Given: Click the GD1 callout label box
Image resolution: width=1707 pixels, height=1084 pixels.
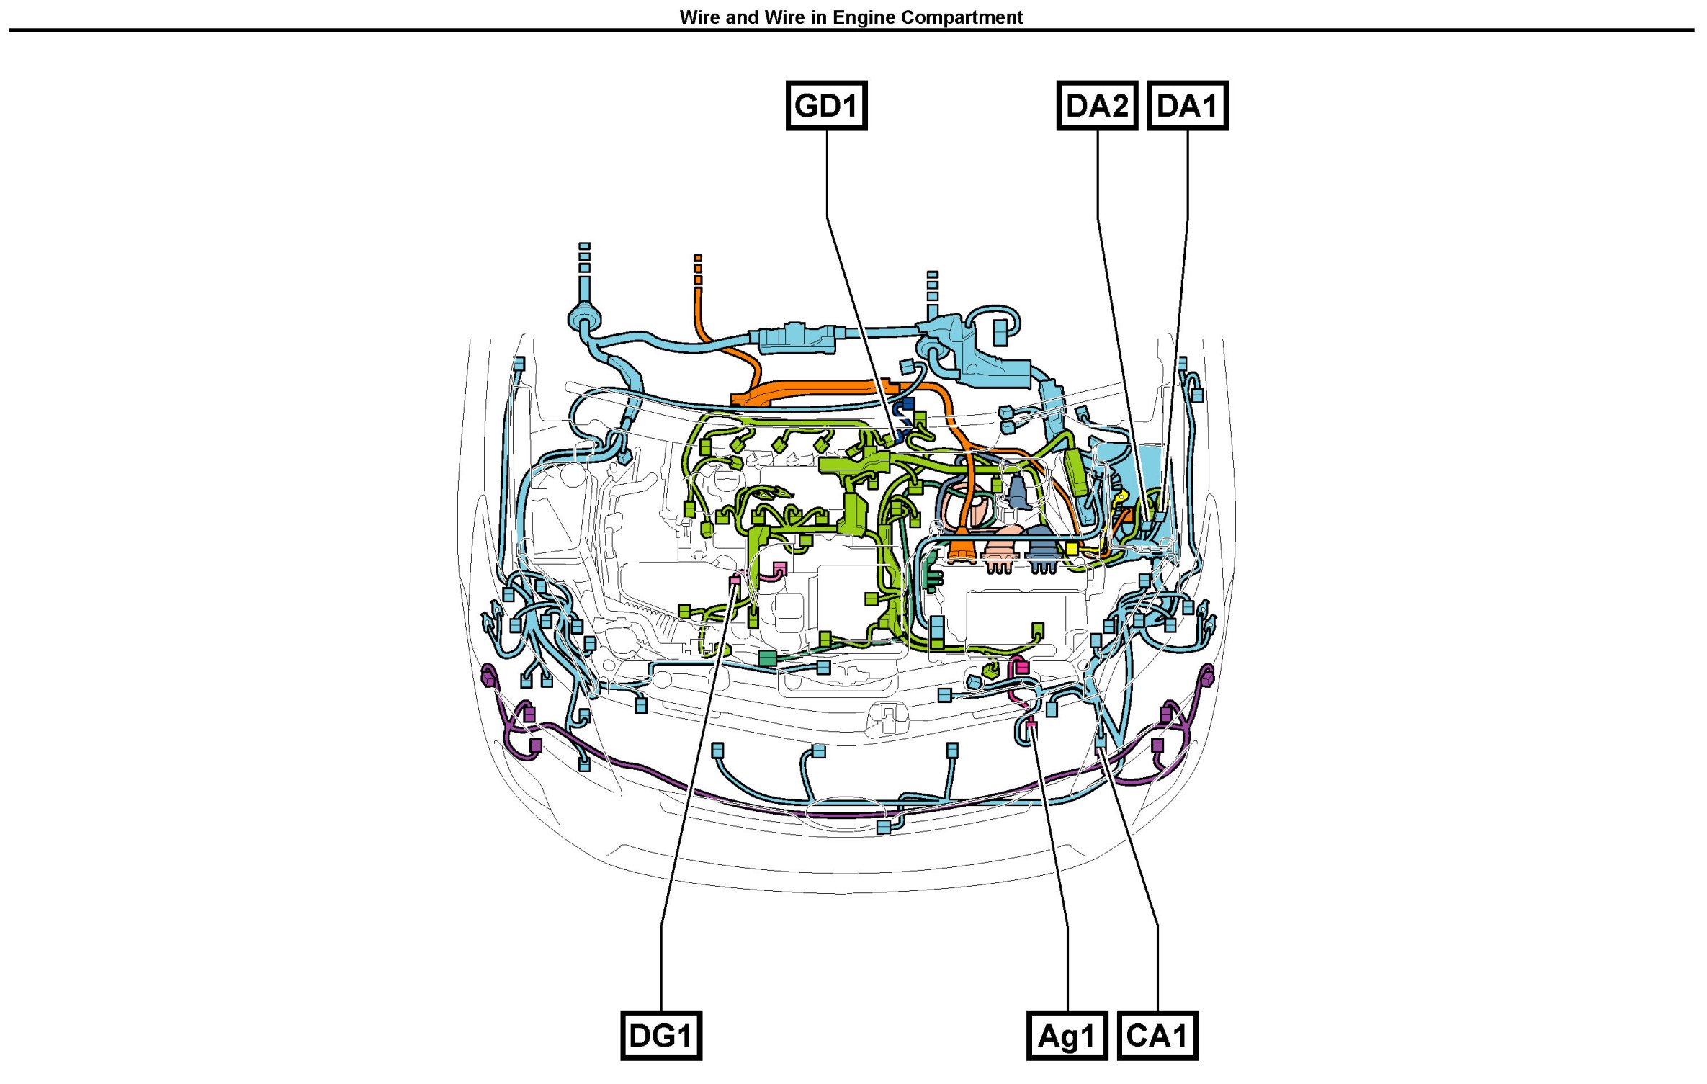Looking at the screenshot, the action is point(826,106).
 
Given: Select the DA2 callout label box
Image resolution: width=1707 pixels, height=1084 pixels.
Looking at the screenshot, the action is point(1097,106).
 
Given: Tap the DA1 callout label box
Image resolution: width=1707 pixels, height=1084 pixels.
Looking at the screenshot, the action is point(1188,106).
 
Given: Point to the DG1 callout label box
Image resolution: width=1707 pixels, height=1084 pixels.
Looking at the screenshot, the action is point(661,1036).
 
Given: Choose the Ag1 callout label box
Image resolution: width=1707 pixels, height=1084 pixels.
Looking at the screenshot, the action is point(1067,1036).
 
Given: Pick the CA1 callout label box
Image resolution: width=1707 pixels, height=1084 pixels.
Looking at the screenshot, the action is point(1157,1036).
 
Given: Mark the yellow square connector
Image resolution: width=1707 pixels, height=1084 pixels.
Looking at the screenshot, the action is point(1072,549).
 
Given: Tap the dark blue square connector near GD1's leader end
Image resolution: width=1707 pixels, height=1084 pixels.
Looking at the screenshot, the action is point(908,404).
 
